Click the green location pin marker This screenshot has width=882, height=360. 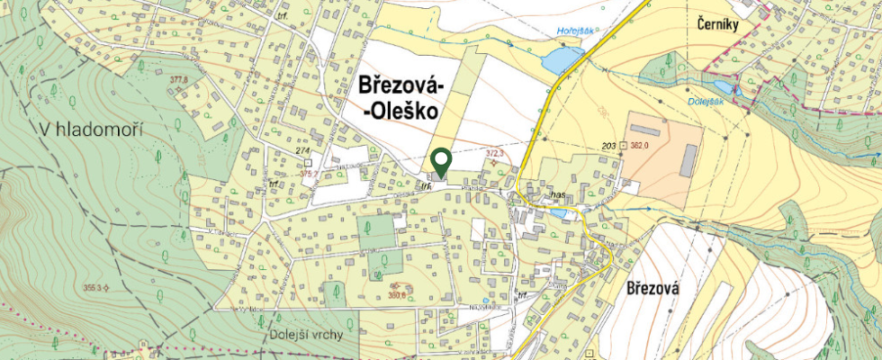pos(440,162)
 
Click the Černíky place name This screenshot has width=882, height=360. pos(718,25)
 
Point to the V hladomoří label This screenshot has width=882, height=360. pos(92,130)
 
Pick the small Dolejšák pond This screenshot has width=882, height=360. pos(737,90)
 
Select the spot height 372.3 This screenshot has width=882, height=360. pos(495,154)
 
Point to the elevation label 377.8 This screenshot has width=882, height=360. pos(177,80)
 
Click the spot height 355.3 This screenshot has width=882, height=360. pos(90,288)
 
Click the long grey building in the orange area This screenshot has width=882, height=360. pos(688,160)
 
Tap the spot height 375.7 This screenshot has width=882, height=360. pos(310,174)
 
